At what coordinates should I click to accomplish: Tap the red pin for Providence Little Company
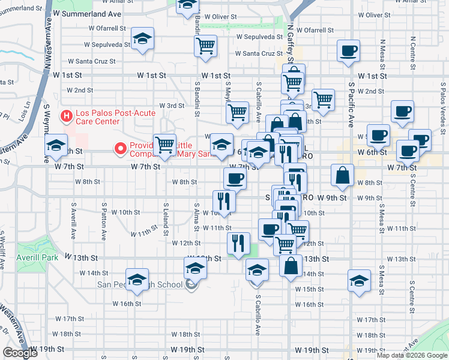point(120,148)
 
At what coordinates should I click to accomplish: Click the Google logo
point(20,353)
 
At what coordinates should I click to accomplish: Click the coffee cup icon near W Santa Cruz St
point(348,51)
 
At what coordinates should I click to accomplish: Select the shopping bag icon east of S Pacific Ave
point(342,175)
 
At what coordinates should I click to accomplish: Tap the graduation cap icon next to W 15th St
point(359,280)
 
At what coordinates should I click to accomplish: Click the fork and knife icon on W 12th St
point(238,242)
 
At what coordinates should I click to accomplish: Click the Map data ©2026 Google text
point(411,355)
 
